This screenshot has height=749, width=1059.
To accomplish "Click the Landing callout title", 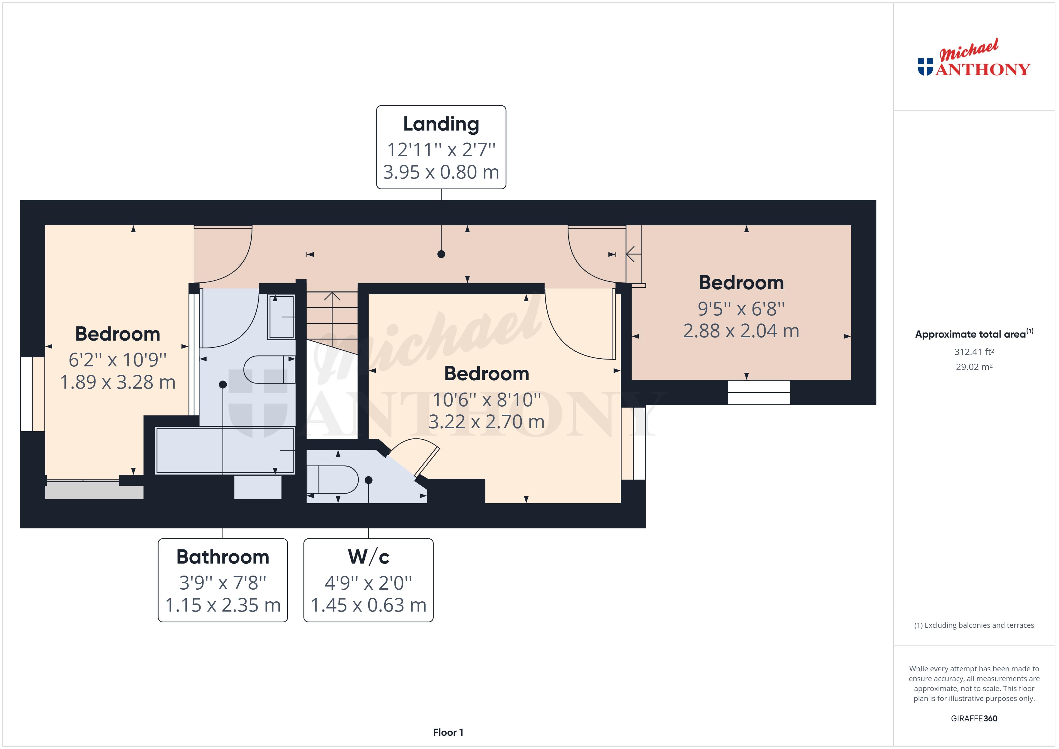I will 441,124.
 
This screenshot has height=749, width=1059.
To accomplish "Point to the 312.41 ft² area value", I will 974,352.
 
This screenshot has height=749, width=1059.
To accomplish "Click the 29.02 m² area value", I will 974,367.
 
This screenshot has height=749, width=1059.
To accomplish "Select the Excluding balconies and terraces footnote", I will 974,625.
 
